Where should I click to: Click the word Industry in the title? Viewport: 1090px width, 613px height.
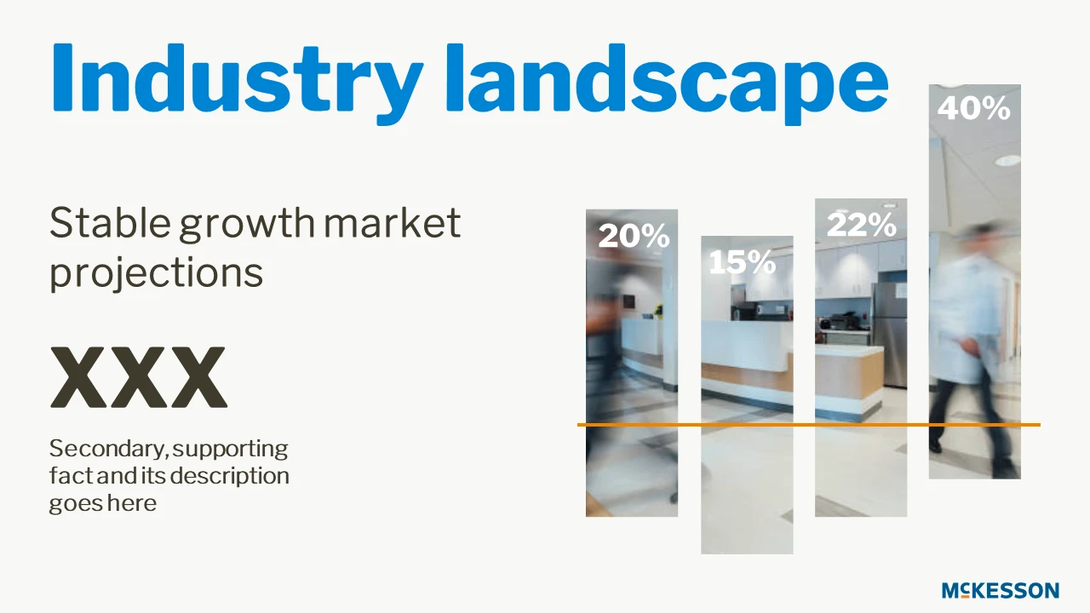[238, 83]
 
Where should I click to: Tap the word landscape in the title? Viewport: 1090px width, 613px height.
[668, 83]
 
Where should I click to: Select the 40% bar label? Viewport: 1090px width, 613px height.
[973, 108]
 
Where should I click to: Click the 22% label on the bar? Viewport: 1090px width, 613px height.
[861, 225]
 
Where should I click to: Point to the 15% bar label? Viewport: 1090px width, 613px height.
[742, 262]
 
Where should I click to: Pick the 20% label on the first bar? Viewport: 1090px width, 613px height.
[634, 236]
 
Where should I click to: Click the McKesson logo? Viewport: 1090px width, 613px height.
[1001, 590]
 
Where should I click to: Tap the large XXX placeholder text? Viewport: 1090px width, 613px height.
[139, 377]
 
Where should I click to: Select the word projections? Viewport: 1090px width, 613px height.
[156, 274]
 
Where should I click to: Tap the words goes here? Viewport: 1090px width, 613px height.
[103, 503]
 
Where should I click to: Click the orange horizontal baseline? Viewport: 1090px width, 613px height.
[809, 425]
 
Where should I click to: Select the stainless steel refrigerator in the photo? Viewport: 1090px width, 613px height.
[889, 335]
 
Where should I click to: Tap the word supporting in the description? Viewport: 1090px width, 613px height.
[230, 450]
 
